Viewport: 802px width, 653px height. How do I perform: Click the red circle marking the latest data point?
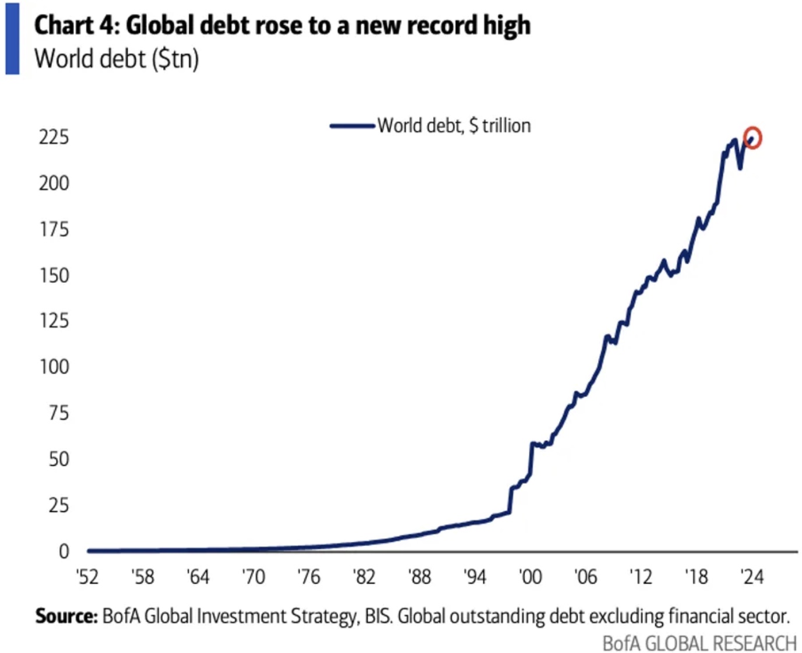pyautogui.click(x=752, y=138)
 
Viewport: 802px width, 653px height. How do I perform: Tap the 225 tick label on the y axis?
pyautogui.click(x=54, y=137)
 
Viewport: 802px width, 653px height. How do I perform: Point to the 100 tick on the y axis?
pyautogui.click(x=54, y=367)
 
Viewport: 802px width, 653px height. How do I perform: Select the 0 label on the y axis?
pyautogui.click(x=64, y=551)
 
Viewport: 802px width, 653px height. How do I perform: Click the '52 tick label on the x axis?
pyautogui.click(x=87, y=577)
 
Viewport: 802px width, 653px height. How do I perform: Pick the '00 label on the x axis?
pyautogui.click(x=530, y=577)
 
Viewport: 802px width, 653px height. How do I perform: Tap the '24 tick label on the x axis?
pyautogui.click(x=751, y=577)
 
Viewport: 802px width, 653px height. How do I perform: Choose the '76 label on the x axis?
pyautogui.click(x=308, y=577)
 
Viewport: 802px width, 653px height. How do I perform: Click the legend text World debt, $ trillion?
pyautogui.click(x=454, y=125)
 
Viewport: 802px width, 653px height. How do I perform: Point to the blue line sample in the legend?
pyautogui.click(x=352, y=125)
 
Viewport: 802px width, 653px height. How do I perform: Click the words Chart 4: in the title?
pyautogui.click(x=76, y=26)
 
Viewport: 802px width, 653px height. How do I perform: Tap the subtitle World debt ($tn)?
pyautogui.click(x=117, y=59)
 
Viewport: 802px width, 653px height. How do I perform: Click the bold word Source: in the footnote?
pyautogui.click(x=66, y=616)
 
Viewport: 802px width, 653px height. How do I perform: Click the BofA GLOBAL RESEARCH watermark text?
pyautogui.click(x=699, y=643)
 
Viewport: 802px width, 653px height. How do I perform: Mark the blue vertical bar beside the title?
pyautogui.click(x=12, y=38)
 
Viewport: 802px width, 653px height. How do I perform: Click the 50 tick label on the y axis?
pyautogui.click(x=58, y=459)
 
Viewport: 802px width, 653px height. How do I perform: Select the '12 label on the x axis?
pyautogui.click(x=641, y=577)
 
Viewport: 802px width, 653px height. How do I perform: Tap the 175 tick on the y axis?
pyautogui.click(x=54, y=229)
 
